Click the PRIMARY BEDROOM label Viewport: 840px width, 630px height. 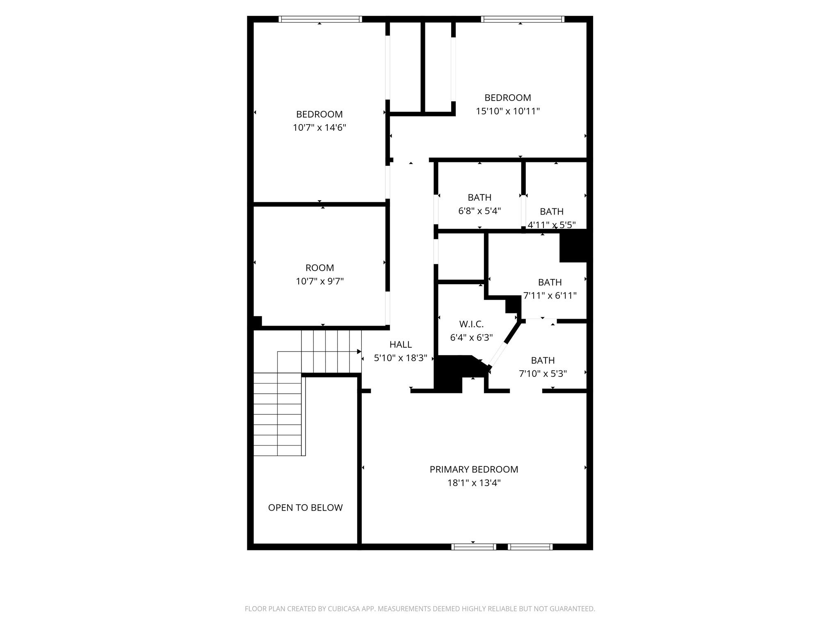[474, 469]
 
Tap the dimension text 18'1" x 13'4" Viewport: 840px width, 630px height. [474, 483]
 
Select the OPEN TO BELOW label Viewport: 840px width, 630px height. [305, 507]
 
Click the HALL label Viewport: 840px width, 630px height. [400, 345]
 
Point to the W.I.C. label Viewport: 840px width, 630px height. [471, 324]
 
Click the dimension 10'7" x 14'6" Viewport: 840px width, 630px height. [319, 128]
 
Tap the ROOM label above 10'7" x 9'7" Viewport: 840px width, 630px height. [320, 268]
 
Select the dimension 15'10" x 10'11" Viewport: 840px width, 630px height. [507, 111]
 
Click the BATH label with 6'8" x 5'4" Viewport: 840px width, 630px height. [479, 197]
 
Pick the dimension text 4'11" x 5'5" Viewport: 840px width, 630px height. [551, 225]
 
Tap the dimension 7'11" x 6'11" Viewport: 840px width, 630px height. [550, 296]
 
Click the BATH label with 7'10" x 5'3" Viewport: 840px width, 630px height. [543, 360]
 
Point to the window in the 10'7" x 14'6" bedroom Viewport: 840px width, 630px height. [320, 19]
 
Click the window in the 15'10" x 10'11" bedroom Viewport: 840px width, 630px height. [522, 19]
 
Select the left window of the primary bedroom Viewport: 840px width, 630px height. [474, 546]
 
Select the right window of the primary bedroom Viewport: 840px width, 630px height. [530, 546]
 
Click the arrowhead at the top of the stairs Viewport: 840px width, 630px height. [359, 352]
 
